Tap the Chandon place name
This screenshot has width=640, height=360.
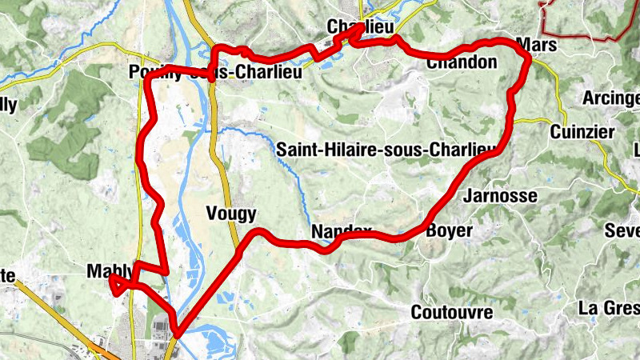tap(462, 62)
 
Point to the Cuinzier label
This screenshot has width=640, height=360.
tap(582, 132)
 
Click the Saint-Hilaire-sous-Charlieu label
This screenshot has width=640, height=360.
tap(387, 150)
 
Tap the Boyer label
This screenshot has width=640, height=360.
tap(450, 231)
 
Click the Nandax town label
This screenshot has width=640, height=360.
tap(341, 232)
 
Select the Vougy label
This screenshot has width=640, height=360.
tap(231, 213)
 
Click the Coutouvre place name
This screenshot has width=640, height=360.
tap(451, 311)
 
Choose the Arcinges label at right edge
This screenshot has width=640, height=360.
tap(611, 98)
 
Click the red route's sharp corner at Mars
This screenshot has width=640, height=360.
tap(528, 56)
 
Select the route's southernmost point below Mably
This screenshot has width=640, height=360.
tap(176, 335)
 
